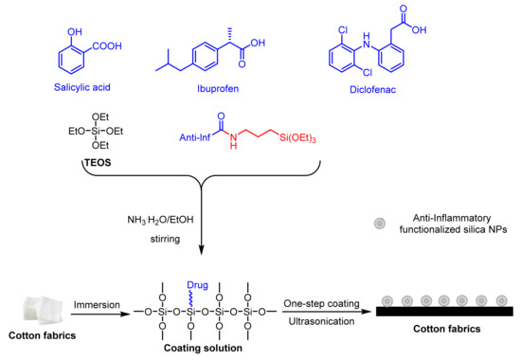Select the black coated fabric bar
[x=444, y=310]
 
